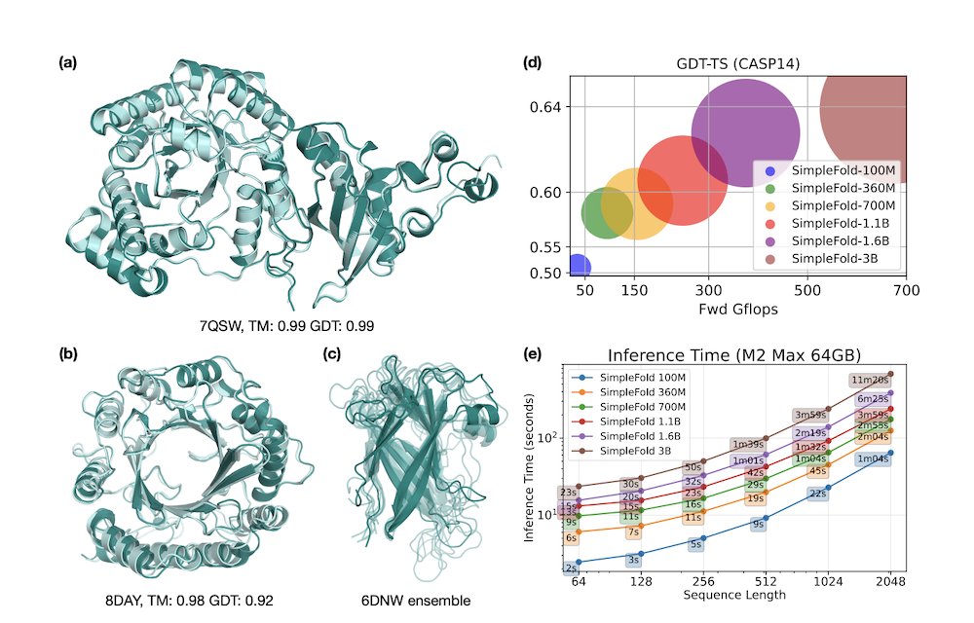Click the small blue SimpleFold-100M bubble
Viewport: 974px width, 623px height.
click(x=577, y=266)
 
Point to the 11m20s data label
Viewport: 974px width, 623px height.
click(x=867, y=380)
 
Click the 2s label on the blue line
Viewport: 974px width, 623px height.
click(x=571, y=568)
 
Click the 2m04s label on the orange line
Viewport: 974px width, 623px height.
click(x=874, y=436)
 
